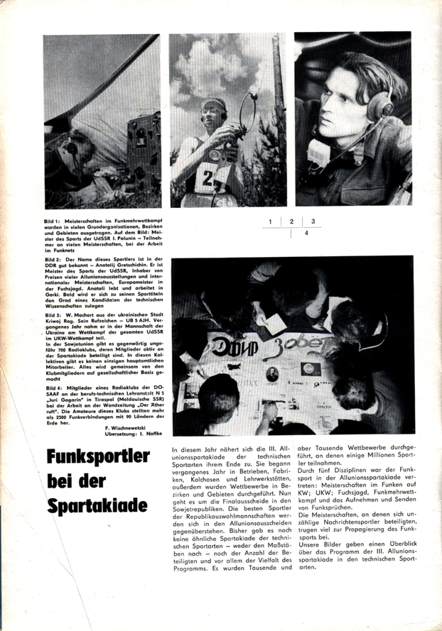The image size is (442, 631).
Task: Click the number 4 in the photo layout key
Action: coord(306,232)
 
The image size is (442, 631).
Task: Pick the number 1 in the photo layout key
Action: coord(271,222)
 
